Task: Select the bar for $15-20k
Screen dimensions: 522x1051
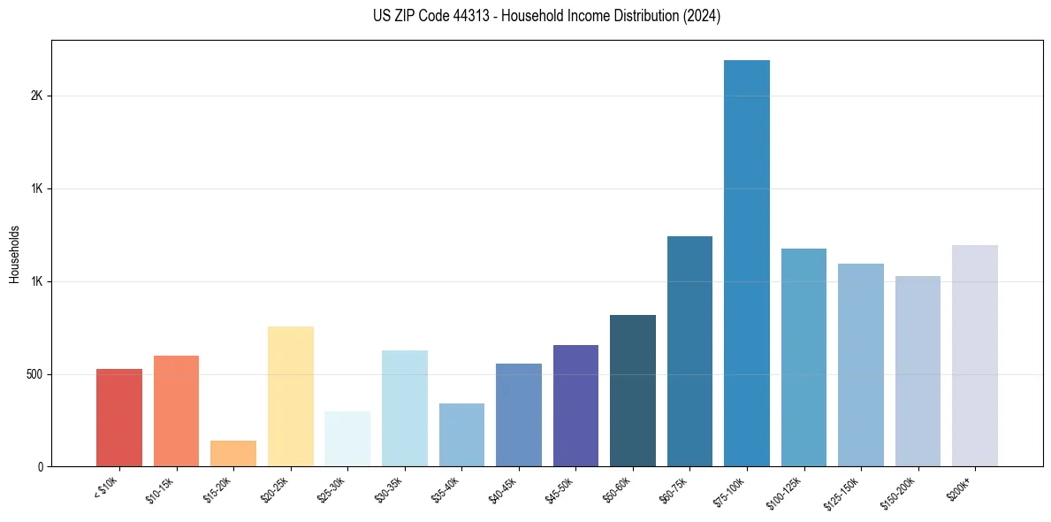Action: [233, 454]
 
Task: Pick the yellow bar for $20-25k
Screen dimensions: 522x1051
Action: [291, 396]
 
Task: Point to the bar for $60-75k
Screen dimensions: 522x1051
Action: [689, 351]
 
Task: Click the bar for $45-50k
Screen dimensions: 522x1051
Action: [575, 406]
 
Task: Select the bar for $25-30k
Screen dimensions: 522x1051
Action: [347, 439]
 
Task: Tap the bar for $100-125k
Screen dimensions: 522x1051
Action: [803, 357]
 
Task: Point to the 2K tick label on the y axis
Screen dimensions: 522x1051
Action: [36, 96]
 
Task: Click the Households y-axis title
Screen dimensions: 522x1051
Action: [14, 253]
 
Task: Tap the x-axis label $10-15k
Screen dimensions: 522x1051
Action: [160, 488]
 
